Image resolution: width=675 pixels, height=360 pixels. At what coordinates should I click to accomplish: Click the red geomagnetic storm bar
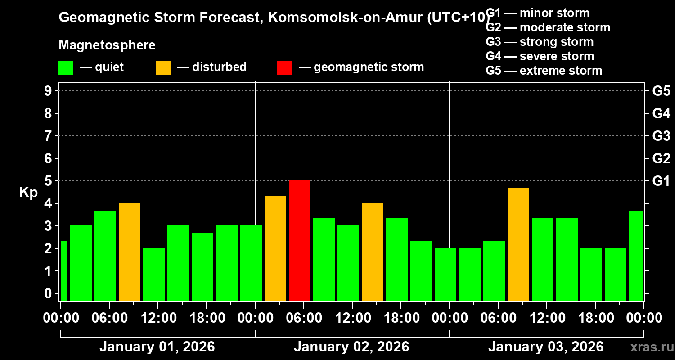[x=300, y=240]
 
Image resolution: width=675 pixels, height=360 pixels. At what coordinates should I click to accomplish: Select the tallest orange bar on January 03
[x=518, y=244]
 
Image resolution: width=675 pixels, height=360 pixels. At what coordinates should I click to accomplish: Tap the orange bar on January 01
[x=130, y=252]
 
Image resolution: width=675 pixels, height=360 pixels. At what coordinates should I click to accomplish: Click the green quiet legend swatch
[x=66, y=68]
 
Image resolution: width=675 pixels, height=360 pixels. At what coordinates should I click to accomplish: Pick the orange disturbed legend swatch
[x=163, y=68]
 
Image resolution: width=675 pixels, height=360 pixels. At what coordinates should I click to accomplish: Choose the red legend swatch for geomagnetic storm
[x=284, y=68]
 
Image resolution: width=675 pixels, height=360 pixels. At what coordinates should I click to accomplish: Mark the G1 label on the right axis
[x=661, y=181]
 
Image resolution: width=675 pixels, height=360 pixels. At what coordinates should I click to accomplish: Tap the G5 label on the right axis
[x=661, y=91]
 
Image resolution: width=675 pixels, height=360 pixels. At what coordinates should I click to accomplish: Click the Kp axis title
[x=28, y=193]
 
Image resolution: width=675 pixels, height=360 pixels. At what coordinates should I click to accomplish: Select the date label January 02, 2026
[x=351, y=347]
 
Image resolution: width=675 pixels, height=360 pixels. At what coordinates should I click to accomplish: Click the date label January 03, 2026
[x=546, y=347]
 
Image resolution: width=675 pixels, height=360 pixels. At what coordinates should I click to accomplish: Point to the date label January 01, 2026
[x=157, y=347]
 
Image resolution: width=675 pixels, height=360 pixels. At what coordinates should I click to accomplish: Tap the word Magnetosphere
[x=107, y=45]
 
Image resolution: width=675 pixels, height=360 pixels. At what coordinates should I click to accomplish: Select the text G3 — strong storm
[x=540, y=42]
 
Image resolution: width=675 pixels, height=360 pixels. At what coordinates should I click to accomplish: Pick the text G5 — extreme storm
[x=544, y=71]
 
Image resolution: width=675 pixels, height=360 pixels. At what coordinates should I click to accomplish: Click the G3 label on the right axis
[x=661, y=136]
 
